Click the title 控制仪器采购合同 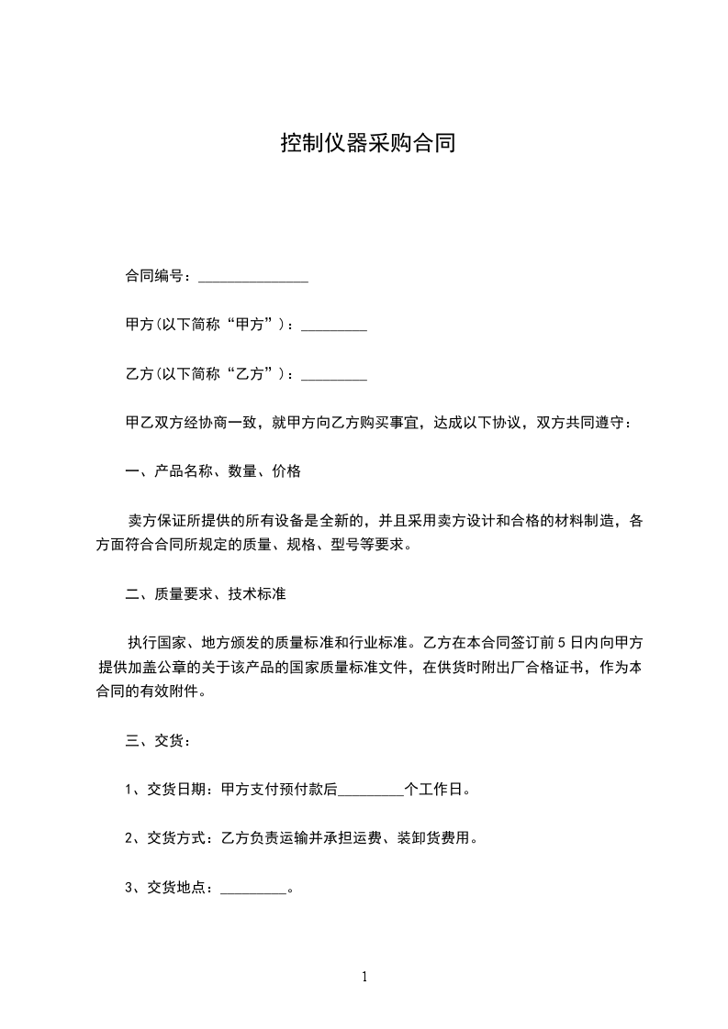(x=367, y=144)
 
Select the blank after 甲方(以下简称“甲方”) (x=334, y=326)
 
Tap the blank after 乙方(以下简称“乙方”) (x=334, y=374)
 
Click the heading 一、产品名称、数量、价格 (x=213, y=472)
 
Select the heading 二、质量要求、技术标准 (x=206, y=594)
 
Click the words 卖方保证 (x=157, y=521)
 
